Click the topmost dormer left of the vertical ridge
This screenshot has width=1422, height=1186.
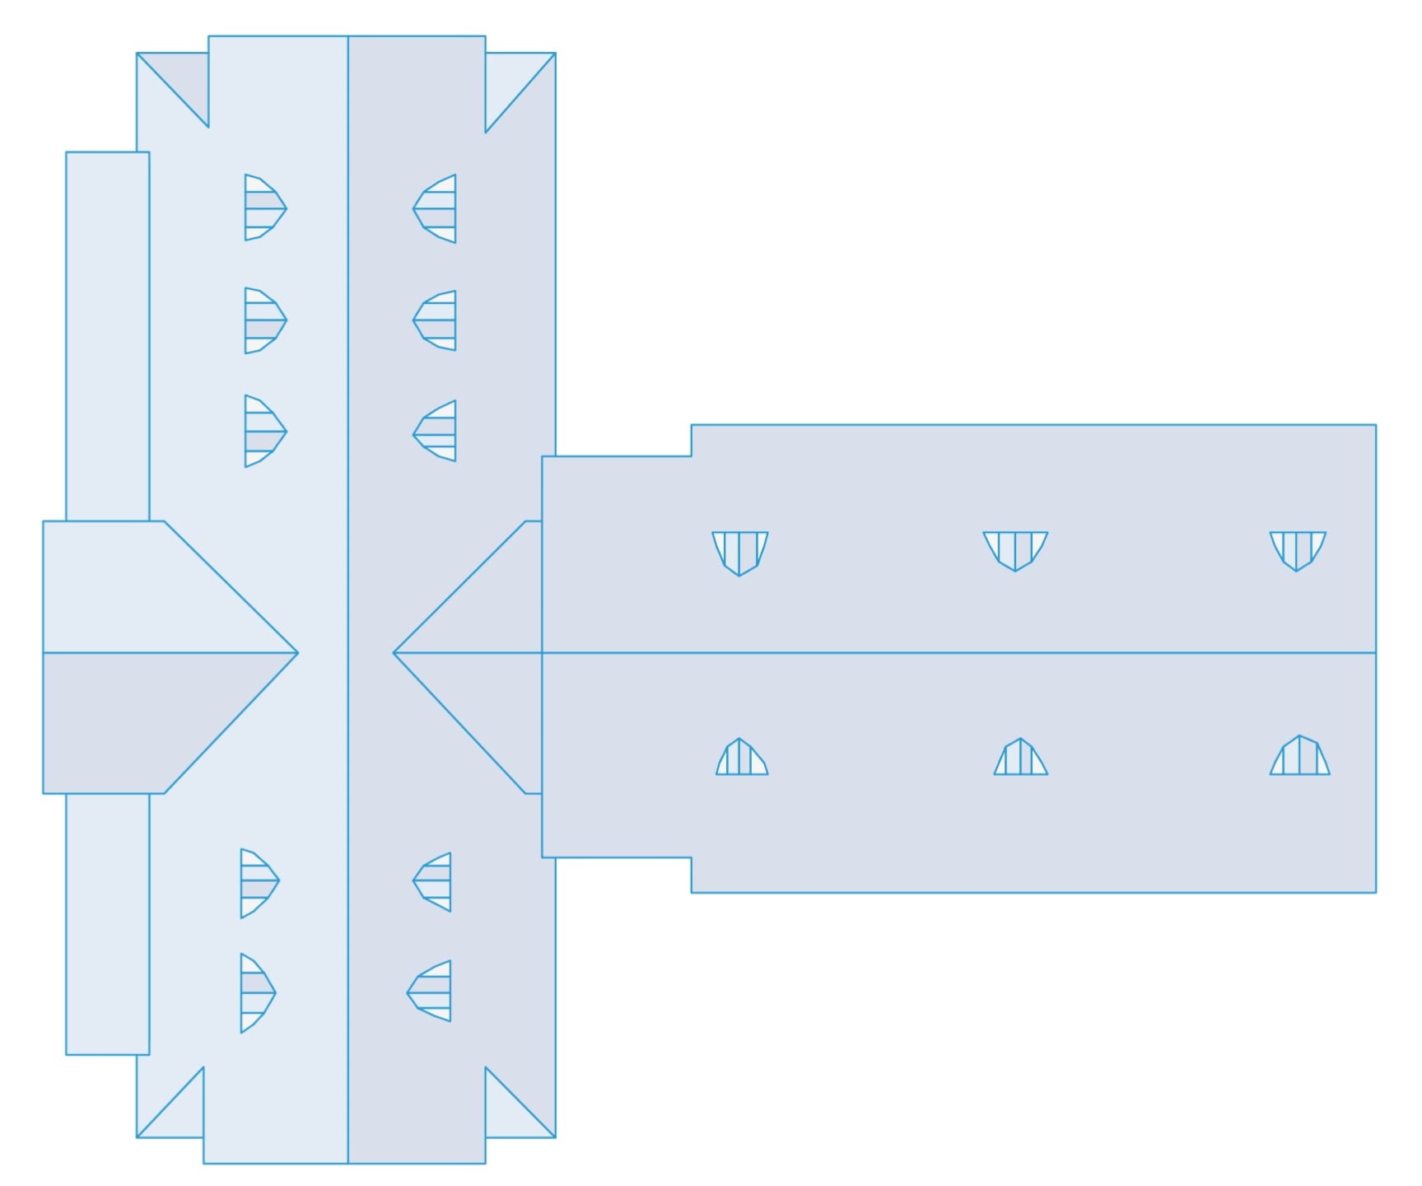pyautogui.click(x=263, y=208)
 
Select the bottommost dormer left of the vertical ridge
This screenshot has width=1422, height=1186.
pyautogui.click(x=256, y=992)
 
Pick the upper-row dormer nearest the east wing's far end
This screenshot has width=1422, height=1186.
pyautogui.click(x=1298, y=549)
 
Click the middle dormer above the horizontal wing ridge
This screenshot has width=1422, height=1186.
pyautogui.click(x=1015, y=549)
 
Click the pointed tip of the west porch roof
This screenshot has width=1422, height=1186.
pyautogui.click(x=296, y=652)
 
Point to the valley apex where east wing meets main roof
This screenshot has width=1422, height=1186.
pyautogui.click(x=395, y=652)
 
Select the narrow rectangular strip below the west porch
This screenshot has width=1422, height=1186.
pyautogui.click(x=107, y=922)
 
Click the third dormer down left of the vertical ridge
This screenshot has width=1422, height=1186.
pyautogui.click(x=263, y=431)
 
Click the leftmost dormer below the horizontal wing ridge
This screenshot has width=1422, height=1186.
pyautogui.click(x=741, y=759)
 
